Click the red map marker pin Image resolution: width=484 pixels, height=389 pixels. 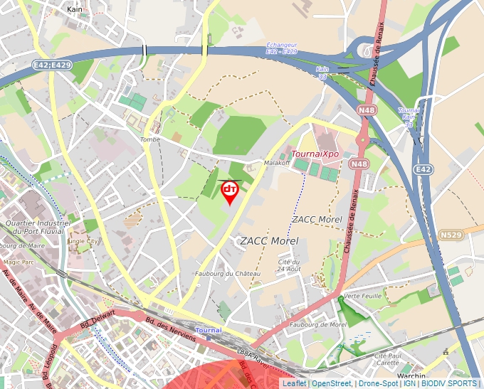(230, 191)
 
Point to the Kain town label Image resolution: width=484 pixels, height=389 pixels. (74, 10)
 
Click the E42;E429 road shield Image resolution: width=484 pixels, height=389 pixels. (51, 65)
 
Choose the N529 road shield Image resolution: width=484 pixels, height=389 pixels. (451, 235)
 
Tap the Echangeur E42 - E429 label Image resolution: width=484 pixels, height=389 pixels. (281, 48)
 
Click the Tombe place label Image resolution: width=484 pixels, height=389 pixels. (150, 139)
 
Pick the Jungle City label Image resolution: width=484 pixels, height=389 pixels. (83, 241)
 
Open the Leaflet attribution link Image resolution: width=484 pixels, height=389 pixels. (293, 383)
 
